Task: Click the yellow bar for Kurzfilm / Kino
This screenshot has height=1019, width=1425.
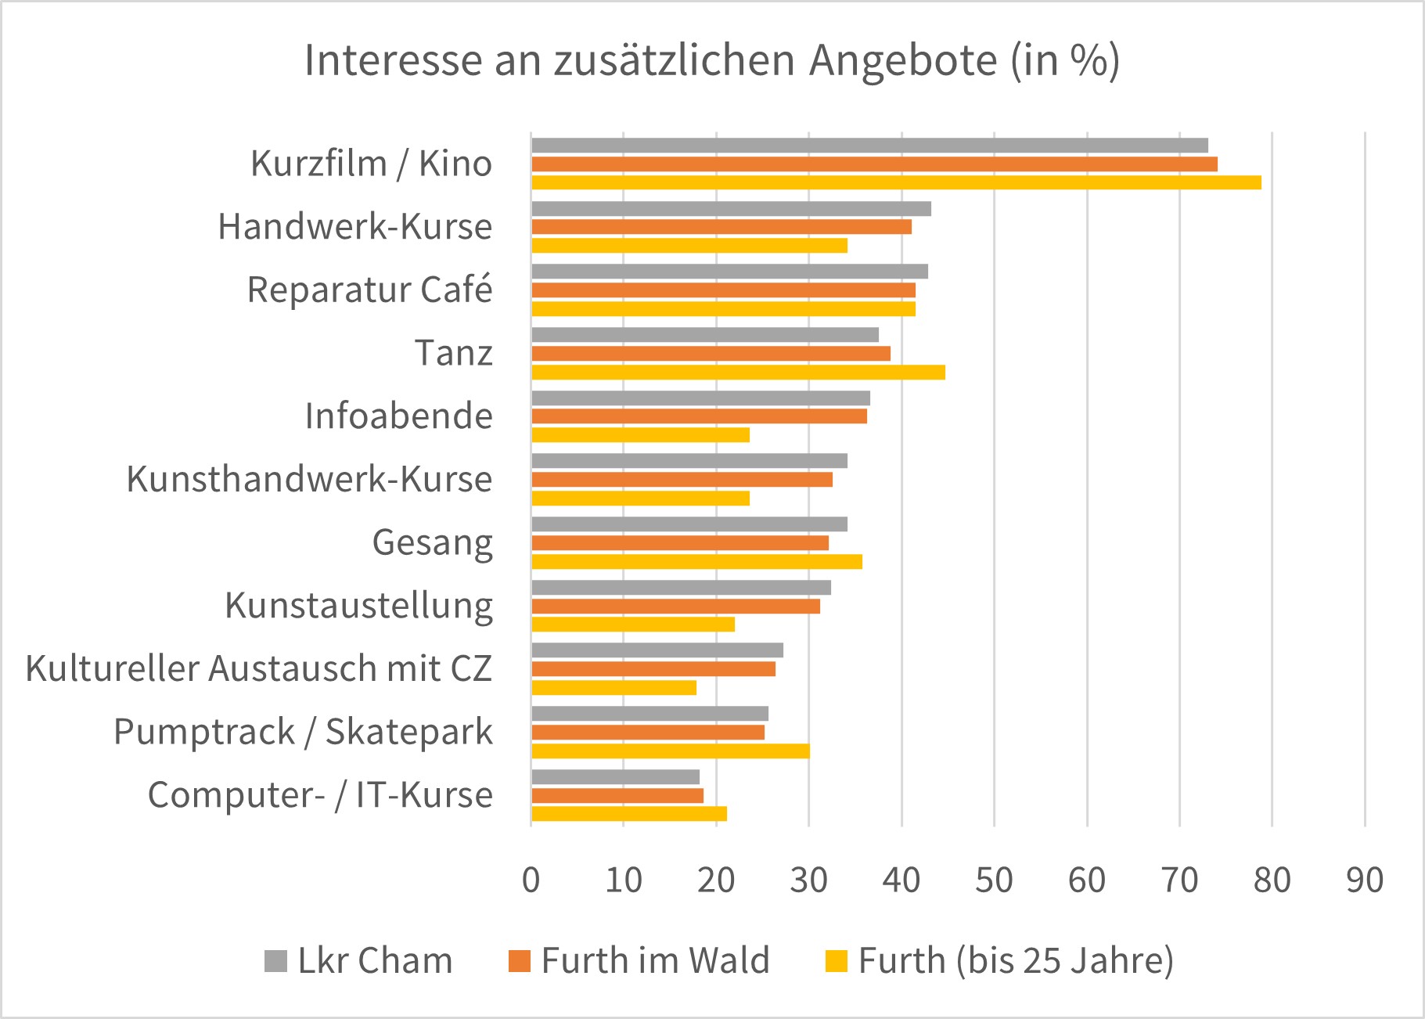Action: pos(896,183)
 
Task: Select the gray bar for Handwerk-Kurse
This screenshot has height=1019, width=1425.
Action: pos(731,209)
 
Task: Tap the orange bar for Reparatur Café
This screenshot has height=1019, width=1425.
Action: pos(723,290)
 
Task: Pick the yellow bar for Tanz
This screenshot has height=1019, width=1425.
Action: pos(738,373)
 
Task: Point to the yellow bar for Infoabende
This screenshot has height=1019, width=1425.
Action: pos(640,435)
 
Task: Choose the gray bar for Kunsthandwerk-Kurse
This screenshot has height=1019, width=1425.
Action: pos(689,461)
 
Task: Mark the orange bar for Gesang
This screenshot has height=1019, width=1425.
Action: pos(679,543)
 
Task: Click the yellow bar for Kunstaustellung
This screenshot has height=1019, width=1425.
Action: pos(633,625)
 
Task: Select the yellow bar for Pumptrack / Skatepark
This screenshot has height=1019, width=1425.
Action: pos(670,751)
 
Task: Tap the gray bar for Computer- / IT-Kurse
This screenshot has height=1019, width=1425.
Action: pos(615,777)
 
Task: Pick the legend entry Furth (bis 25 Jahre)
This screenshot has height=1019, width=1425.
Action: pos(1000,960)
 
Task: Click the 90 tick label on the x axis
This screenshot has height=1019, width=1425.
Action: pos(1365,880)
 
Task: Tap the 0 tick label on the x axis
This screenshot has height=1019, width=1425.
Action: pos(531,880)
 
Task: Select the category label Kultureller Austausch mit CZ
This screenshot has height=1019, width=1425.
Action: pos(259,669)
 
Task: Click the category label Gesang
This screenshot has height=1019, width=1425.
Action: pos(432,542)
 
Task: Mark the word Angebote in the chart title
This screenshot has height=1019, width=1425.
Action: pos(904,60)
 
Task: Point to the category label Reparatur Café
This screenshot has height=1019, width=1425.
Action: pos(369,290)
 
